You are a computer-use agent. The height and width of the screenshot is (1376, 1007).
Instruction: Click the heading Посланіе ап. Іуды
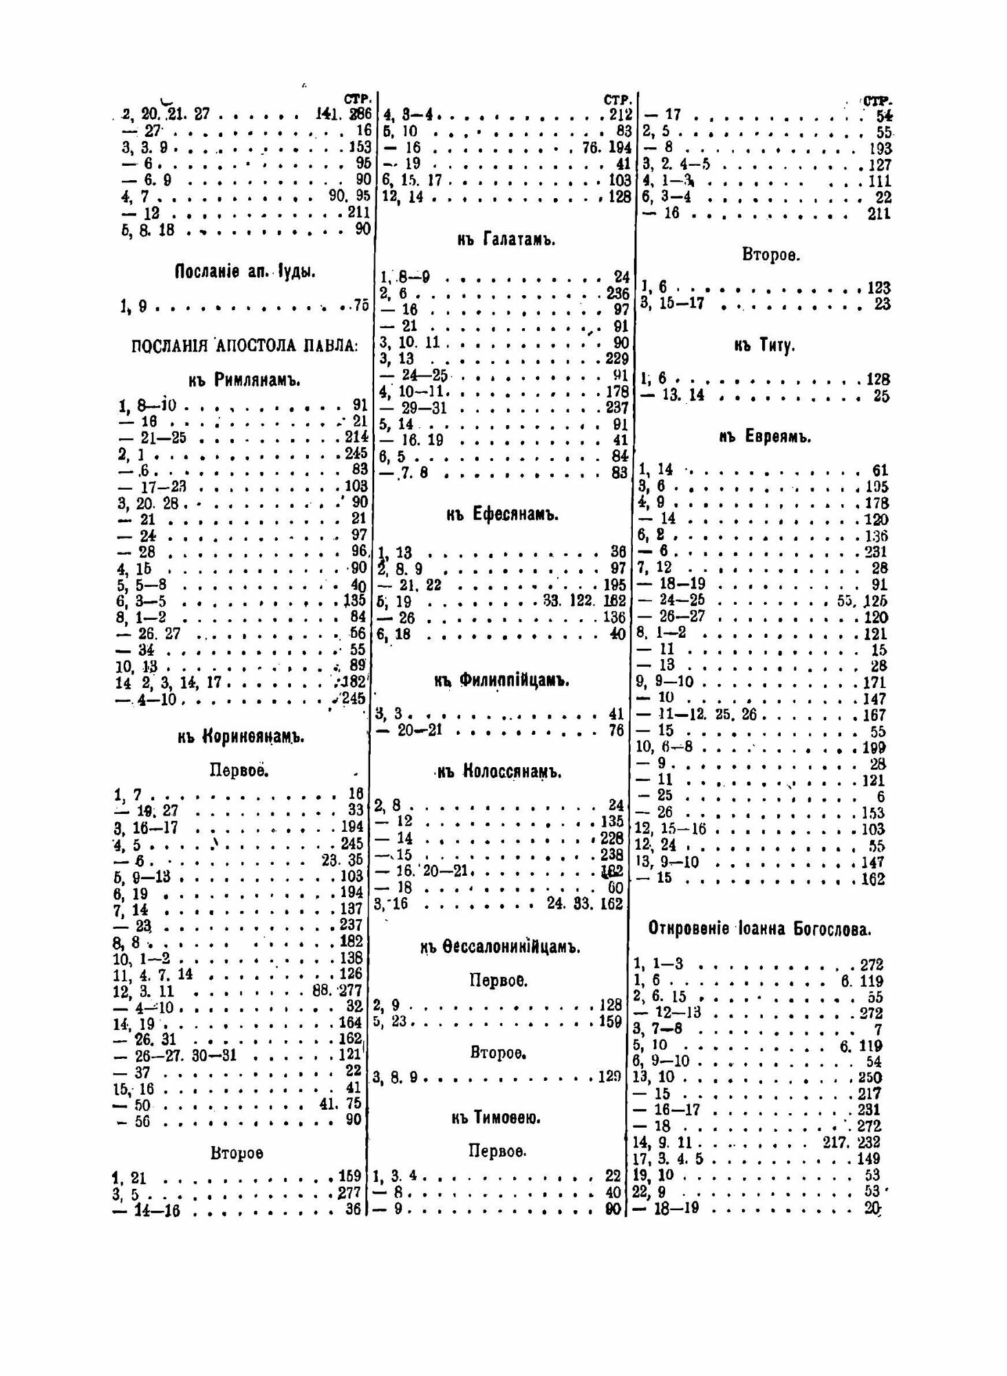click(245, 272)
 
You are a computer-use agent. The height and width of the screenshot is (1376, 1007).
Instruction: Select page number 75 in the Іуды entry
click(361, 307)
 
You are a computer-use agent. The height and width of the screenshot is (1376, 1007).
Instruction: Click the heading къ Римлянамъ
click(244, 379)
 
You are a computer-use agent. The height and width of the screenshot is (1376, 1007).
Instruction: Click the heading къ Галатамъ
click(506, 240)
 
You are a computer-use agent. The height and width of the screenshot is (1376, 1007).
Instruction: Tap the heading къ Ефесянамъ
click(506, 515)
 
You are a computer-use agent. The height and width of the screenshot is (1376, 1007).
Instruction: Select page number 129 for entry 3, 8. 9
click(609, 1077)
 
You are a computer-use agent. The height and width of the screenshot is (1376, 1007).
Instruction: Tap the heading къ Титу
click(764, 346)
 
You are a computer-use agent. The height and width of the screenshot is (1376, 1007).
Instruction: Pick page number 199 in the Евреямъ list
click(874, 747)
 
